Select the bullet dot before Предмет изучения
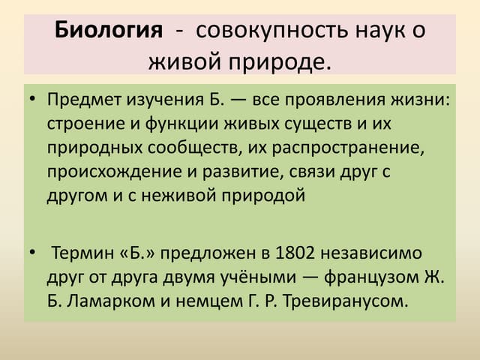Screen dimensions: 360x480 click(33, 101)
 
